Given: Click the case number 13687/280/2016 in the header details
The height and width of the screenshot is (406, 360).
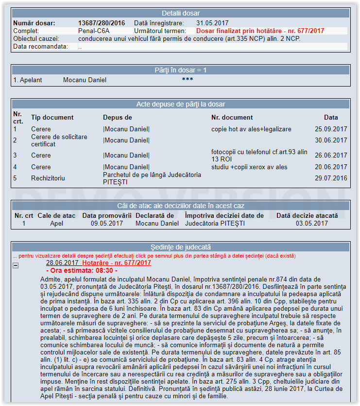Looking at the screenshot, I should point(102,23).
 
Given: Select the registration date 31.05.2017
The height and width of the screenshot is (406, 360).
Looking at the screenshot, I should point(212,23).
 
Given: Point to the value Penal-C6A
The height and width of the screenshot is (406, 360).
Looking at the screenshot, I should point(94,31).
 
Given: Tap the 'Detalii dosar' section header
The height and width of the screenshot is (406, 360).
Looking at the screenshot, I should point(180,13).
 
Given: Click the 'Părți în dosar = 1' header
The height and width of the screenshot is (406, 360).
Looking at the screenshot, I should point(180,71).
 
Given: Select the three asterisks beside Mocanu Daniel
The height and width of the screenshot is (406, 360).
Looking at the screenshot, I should point(188,80).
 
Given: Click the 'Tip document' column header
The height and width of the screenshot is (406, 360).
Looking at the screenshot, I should point(52,117).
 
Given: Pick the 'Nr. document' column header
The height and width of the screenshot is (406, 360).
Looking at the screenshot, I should point(232,117).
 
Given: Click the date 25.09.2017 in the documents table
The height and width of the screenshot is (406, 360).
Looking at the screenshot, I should point(331,129).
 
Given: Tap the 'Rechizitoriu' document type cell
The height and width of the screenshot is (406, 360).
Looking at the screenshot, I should point(48,178).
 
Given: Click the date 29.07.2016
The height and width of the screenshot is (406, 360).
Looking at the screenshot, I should point(331,178).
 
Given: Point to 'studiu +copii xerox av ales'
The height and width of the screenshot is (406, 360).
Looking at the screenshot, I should point(249,167).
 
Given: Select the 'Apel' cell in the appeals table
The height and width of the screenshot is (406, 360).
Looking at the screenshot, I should point(56,224).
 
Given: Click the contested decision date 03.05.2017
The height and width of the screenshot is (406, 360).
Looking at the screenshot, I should point(312,224).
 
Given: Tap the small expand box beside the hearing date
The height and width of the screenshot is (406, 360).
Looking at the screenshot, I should point(16,265).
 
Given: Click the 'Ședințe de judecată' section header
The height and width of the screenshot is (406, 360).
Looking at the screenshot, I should point(180,247).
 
